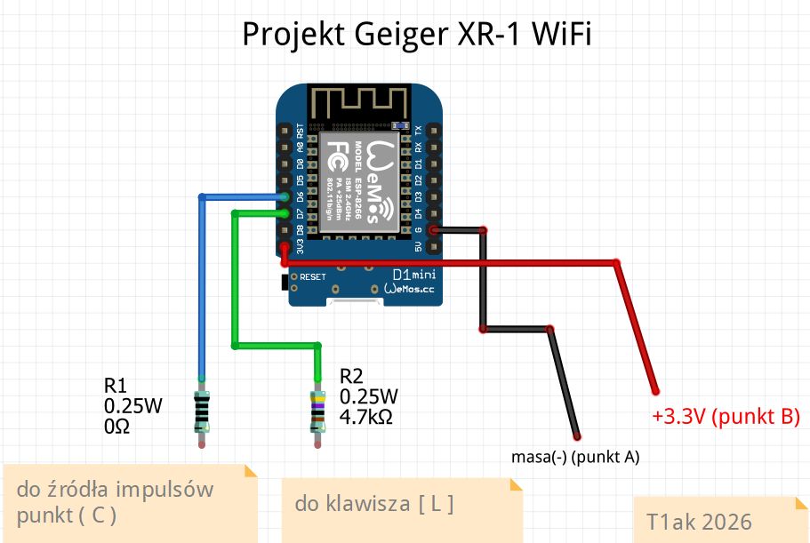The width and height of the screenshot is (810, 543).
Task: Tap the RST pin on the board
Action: [284, 130]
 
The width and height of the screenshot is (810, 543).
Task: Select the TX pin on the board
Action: [434, 130]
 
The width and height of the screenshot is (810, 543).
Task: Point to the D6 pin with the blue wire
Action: [284, 197]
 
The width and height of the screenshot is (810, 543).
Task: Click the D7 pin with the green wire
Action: [284, 213]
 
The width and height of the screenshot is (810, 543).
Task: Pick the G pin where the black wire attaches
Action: [434, 230]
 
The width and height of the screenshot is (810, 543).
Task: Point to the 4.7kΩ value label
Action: [366, 415]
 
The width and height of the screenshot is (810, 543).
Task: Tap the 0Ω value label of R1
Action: [117, 427]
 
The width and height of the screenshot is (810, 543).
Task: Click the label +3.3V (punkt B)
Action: [726, 417]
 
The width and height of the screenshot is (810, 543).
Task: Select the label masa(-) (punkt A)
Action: [575, 458]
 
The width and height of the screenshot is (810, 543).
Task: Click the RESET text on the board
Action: [313, 277]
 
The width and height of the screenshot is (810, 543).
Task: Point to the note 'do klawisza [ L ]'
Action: [374, 505]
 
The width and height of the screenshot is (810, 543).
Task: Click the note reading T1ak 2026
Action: [699, 522]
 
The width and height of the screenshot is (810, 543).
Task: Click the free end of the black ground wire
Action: [577, 436]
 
